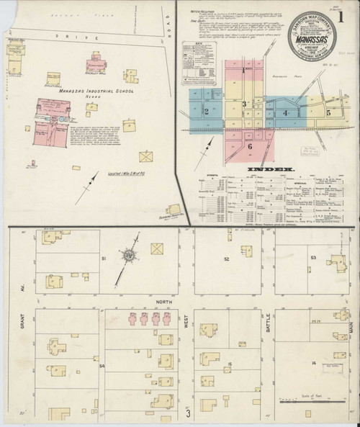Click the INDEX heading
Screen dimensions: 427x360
click(x=265, y=170)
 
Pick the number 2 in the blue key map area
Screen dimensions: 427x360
click(x=207, y=112)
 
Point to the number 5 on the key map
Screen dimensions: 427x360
click(x=328, y=113)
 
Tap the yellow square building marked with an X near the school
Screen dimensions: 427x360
click(x=147, y=155)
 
